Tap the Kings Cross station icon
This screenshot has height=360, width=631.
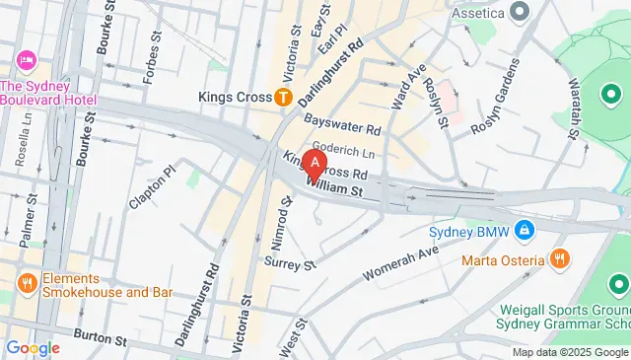pyautogui.click(x=283, y=97)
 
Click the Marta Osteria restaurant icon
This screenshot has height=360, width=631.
pyautogui.click(x=560, y=261)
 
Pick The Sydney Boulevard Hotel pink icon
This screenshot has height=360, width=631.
pyautogui.click(x=26, y=60)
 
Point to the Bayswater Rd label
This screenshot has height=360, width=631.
pyautogui.click(x=342, y=124)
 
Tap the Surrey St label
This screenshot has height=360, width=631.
pyautogui.click(x=289, y=264)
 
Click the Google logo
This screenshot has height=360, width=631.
pyautogui.click(x=33, y=348)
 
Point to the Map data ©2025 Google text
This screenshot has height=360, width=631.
pyautogui.click(x=570, y=352)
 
